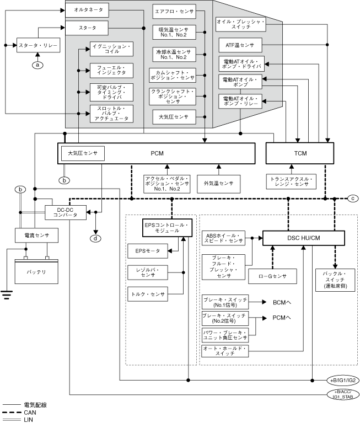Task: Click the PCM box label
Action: coord(157,153)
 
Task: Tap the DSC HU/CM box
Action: coord(303,238)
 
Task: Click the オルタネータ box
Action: coord(88,9)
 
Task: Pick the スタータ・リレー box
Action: coord(37,45)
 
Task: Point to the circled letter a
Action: coord(37,65)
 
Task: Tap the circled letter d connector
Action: coord(96,238)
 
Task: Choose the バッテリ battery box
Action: coord(36,272)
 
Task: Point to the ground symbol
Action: coord(7,294)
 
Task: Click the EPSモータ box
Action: coord(147,251)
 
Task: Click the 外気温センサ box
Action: coord(219,183)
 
